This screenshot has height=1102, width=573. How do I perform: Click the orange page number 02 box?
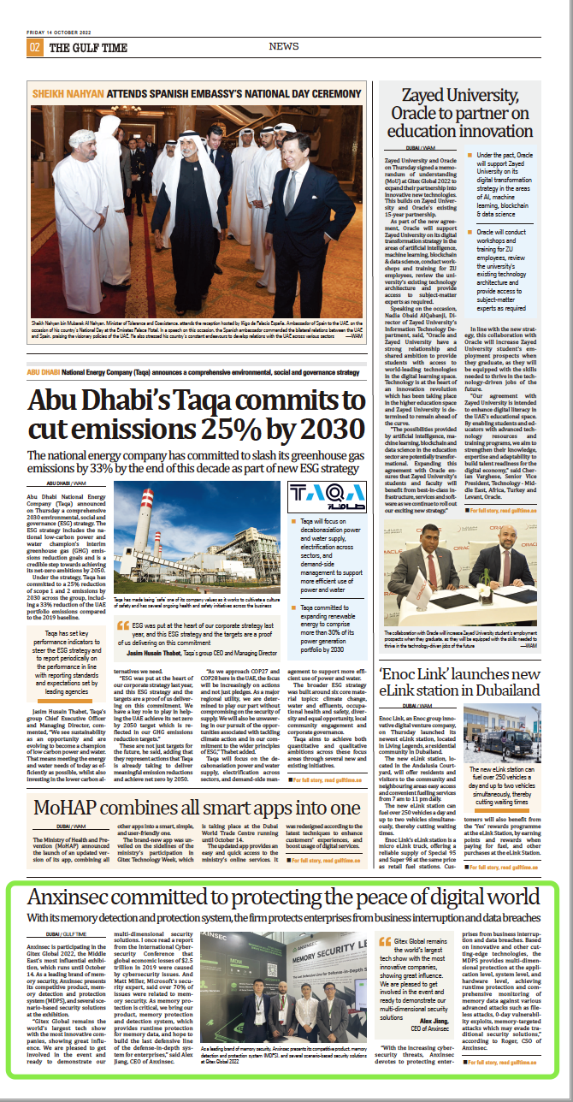click(x=35, y=47)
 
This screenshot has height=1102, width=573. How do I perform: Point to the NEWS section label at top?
click(x=284, y=46)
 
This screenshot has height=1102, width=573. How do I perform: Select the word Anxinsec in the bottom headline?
click(x=74, y=898)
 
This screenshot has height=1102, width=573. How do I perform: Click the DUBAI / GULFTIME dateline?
click(x=67, y=933)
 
